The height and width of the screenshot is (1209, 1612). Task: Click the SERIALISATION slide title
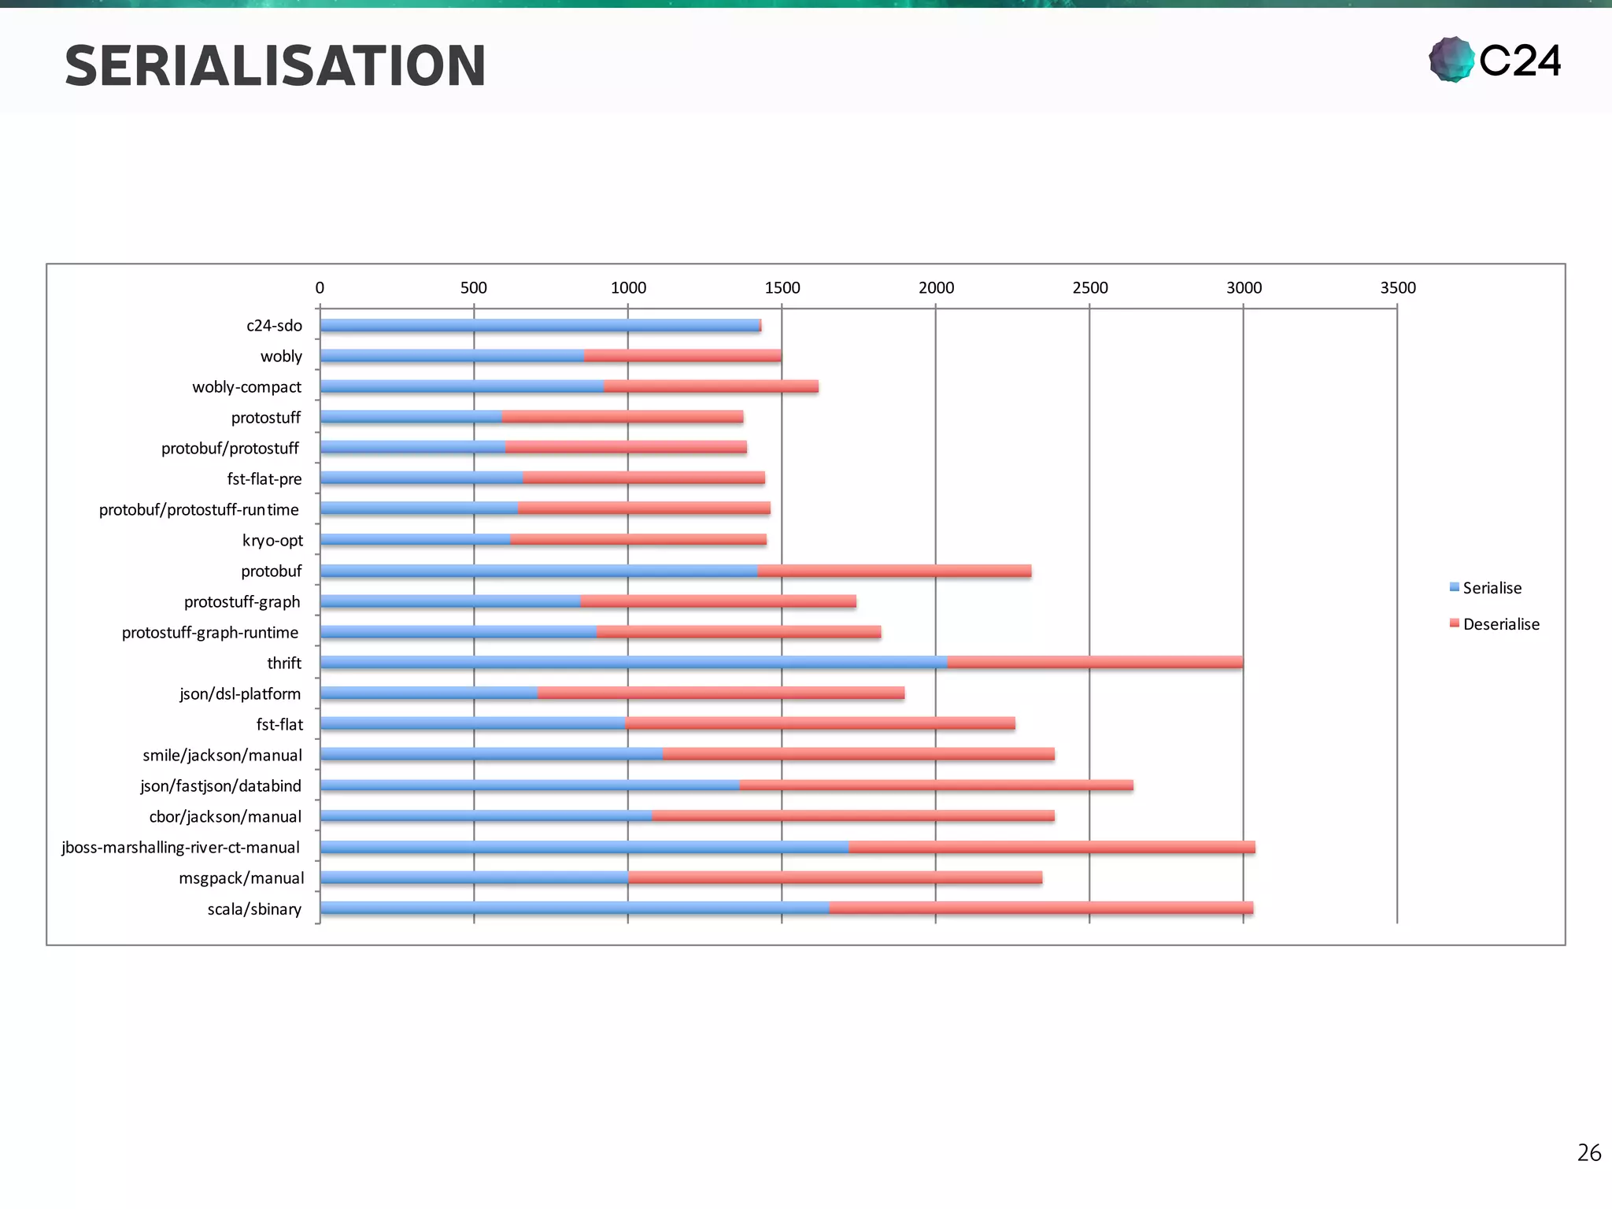click(275, 66)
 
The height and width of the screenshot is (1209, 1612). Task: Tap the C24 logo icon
click(1451, 60)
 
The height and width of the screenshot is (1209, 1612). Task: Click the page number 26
click(1588, 1152)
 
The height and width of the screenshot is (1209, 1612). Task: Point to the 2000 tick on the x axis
click(936, 288)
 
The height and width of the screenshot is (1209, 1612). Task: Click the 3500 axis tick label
click(1397, 288)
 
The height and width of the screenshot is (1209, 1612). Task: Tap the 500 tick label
click(474, 288)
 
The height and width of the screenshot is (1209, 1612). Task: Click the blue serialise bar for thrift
click(633, 663)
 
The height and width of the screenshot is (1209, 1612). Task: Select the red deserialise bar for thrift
click(1094, 663)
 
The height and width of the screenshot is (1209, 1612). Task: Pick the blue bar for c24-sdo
click(539, 325)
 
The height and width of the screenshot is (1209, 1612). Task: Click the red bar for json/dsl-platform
click(720, 693)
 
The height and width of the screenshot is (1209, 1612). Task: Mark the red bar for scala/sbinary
click(1041, 908)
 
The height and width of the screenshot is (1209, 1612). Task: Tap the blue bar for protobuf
click(538, 571)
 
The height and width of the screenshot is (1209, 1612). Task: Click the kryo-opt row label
click(272, 541)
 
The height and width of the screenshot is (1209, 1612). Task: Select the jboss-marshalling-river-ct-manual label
click(180, 848)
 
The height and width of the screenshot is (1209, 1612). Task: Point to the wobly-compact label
click(246, 387)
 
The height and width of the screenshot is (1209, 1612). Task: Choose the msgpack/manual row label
click(241, 878)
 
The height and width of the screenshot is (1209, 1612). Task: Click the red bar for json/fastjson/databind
click(936, 786)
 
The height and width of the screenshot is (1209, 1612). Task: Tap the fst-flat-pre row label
click(264, 479)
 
